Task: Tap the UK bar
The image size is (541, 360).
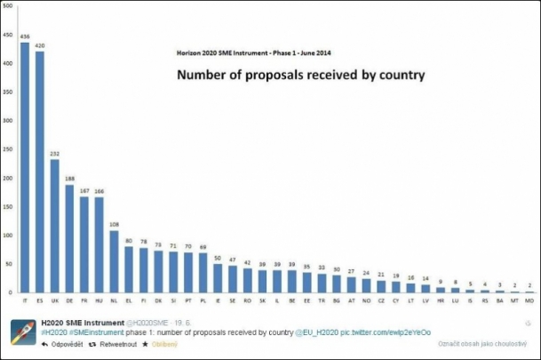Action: click(55, 227)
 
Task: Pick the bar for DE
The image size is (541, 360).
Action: click(69, 239)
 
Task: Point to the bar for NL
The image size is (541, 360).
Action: click(114, 262)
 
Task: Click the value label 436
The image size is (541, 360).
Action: click(25, 36)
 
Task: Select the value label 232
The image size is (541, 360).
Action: click(55, 153)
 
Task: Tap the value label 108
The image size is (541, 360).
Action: click(114, 224)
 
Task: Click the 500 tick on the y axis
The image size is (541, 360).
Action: click(8, 6)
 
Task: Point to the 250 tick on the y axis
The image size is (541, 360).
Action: click(8, 149)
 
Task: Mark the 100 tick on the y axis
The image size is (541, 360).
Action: click(8, 236)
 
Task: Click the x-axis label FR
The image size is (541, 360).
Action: click(84, 301)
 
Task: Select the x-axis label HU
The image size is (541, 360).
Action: click(99, 301)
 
